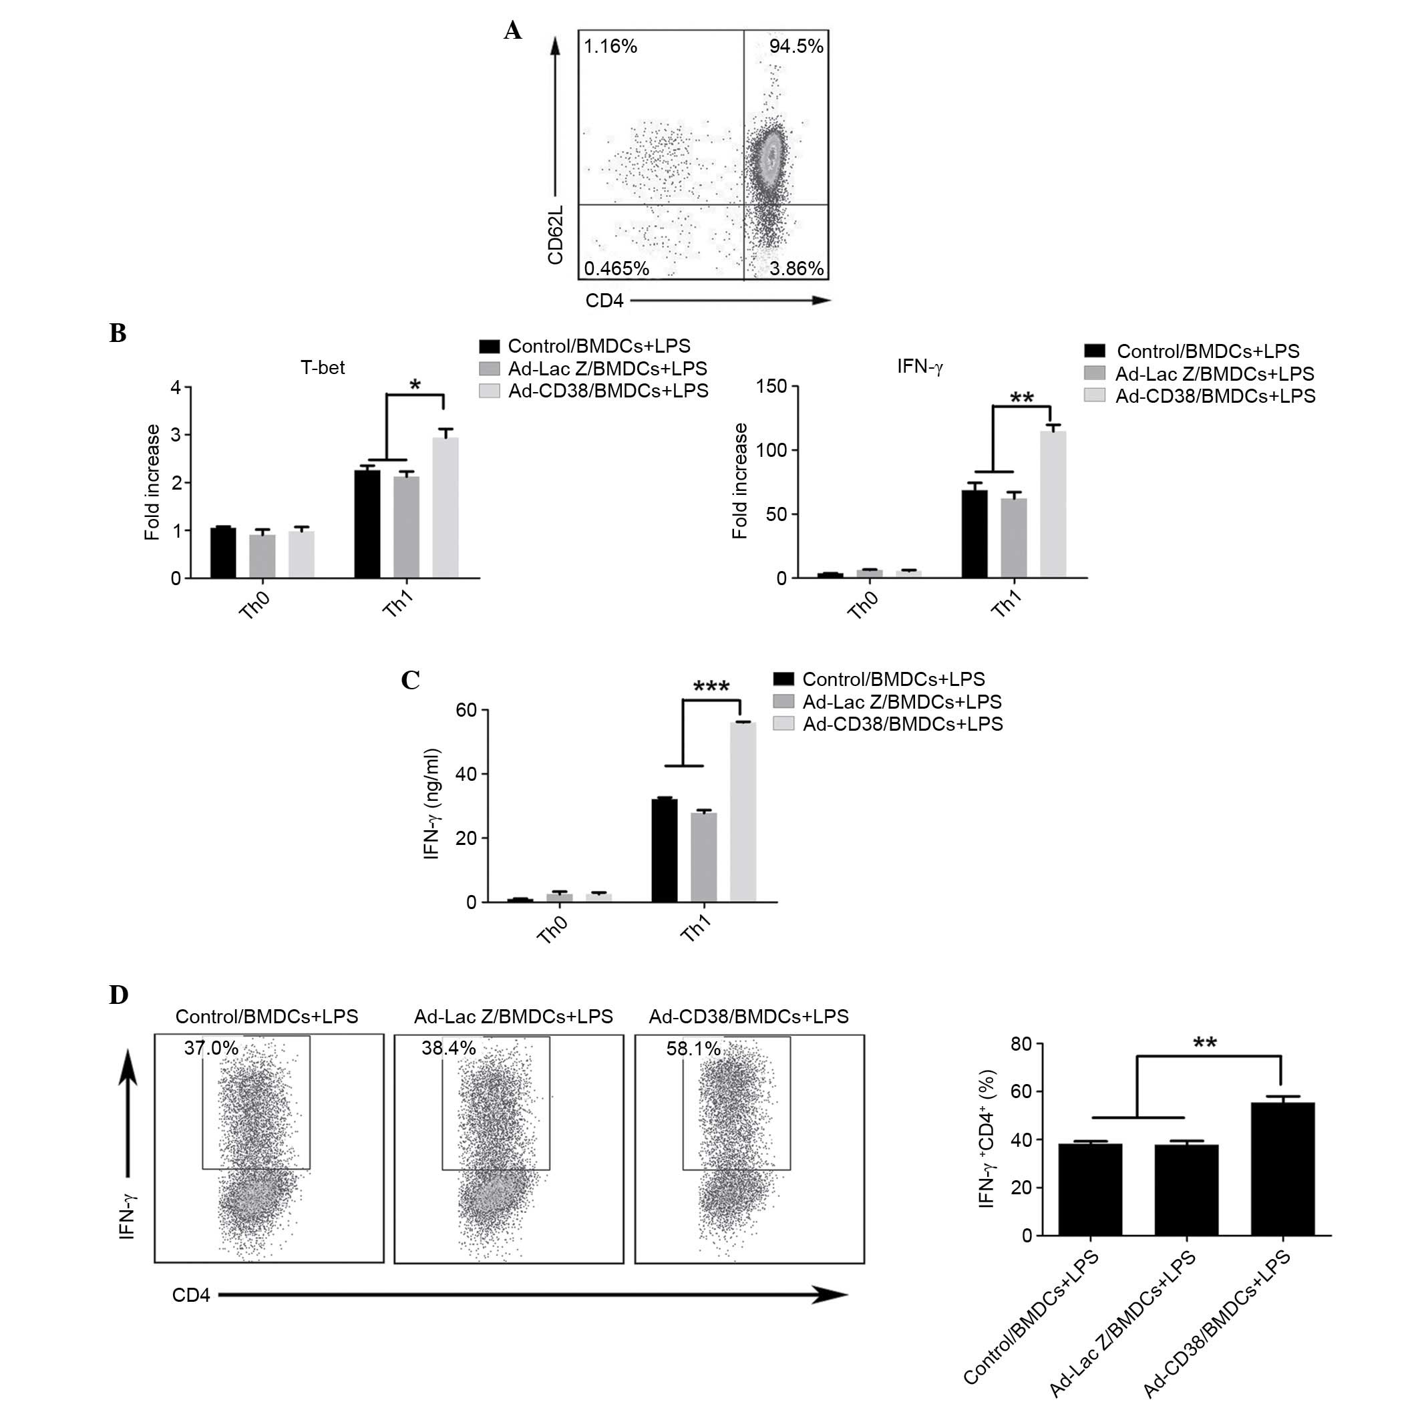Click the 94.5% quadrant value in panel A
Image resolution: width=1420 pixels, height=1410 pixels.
[x=795, y=46]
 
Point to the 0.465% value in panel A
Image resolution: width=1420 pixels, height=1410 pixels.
[x=616, y=269]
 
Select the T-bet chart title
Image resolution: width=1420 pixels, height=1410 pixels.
[x=322, y=367]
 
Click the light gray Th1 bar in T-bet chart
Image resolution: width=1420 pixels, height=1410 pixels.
[x=446, y=507]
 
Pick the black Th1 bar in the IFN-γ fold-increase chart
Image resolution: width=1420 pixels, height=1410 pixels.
[x=974, y=534]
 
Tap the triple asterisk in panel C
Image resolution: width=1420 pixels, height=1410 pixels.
[x=711, y=687]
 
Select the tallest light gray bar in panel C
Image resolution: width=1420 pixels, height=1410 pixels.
[x=742, y=812]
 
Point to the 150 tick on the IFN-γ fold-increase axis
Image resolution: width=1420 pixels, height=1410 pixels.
[x=771, y=387]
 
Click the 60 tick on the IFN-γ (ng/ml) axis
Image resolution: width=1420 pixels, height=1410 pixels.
[x=466, y=710]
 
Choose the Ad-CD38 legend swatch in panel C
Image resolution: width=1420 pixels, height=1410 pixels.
[x=783, y=724]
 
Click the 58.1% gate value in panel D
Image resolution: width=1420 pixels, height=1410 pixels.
[x=693, y=1049]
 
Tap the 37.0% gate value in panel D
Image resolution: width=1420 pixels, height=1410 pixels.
[x=211, y=1048]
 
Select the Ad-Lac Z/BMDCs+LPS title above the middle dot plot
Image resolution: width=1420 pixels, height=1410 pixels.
[x=513, y=1017]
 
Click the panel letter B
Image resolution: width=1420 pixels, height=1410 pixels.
[x=118, y=333]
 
